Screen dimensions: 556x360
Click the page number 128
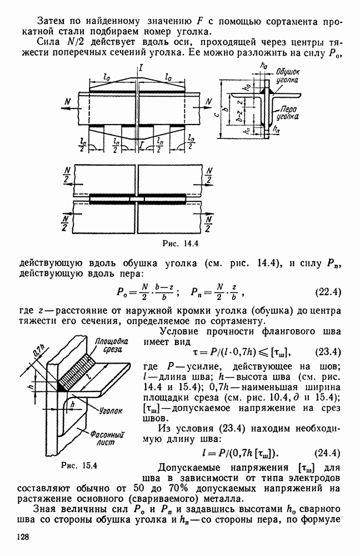point(23,537)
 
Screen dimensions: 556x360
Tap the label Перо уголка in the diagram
point(288,113)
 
